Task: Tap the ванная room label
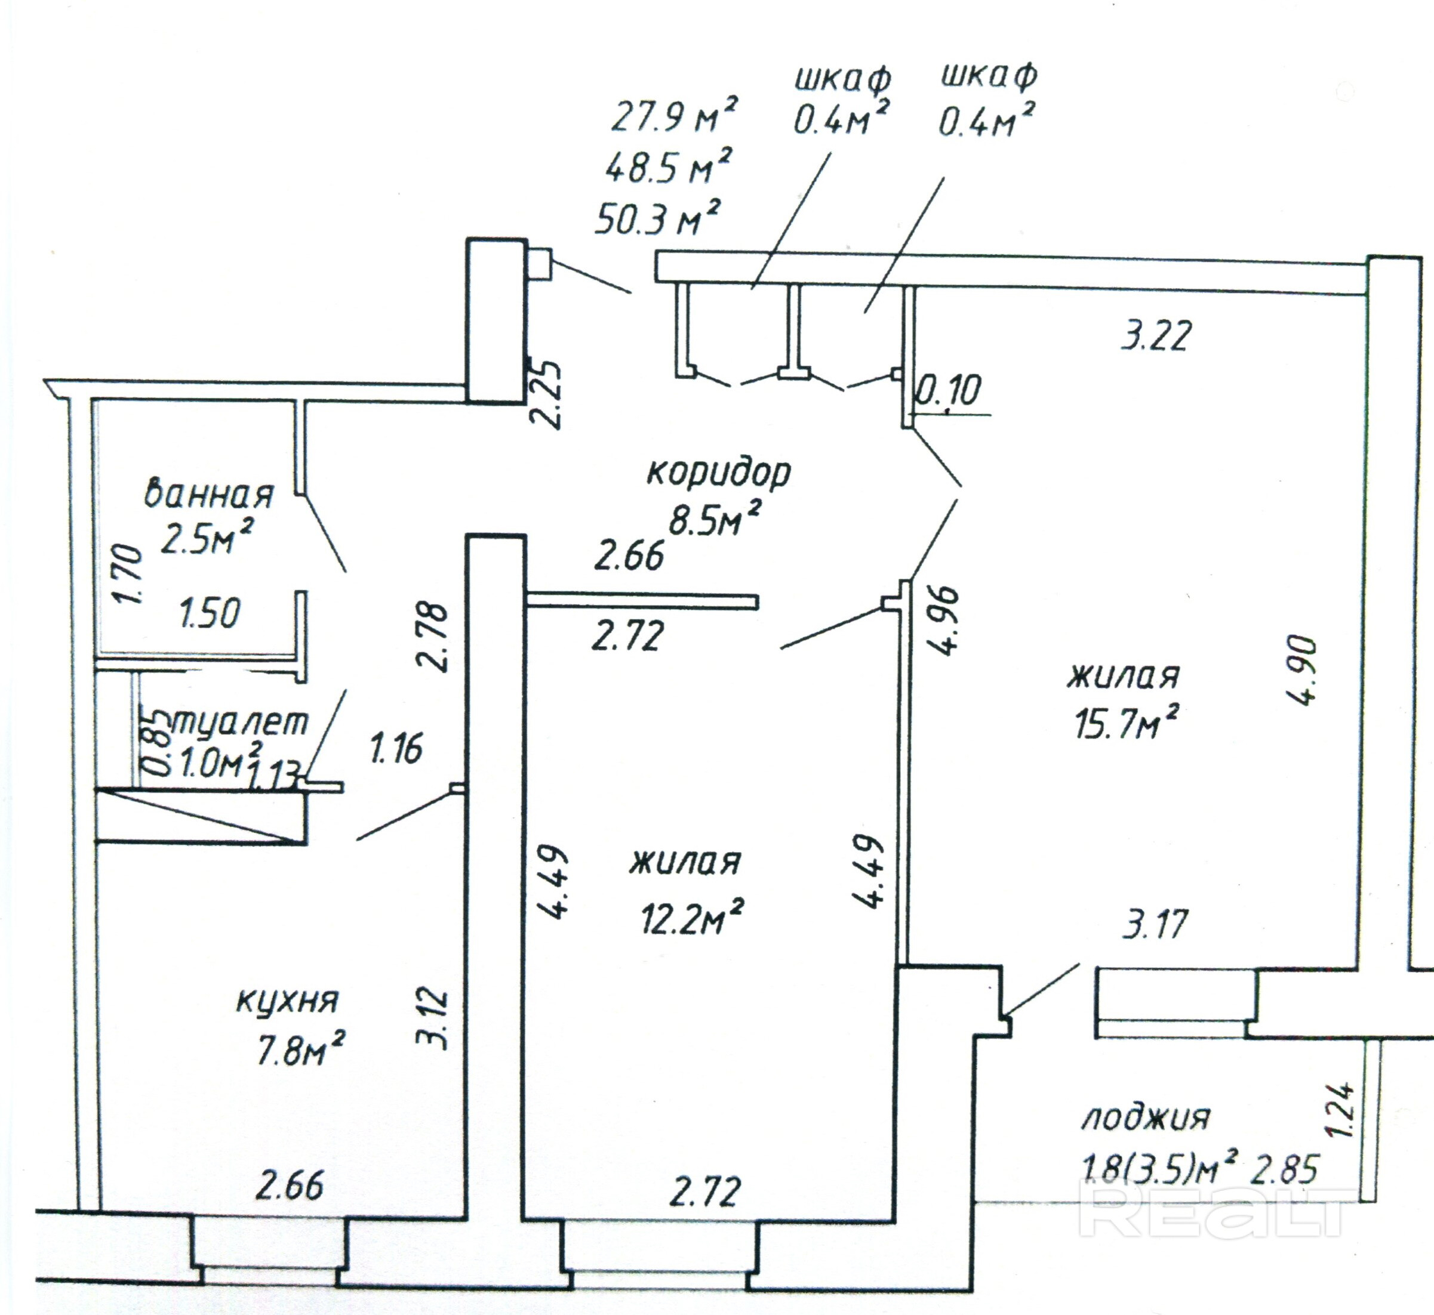tap(208, 494)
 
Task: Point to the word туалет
tap(239, 723)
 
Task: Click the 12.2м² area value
tap(691, 918)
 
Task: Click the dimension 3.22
tap(1155, 337)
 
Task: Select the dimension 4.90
tap(1302, 669)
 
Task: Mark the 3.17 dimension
tap(1154, 924)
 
